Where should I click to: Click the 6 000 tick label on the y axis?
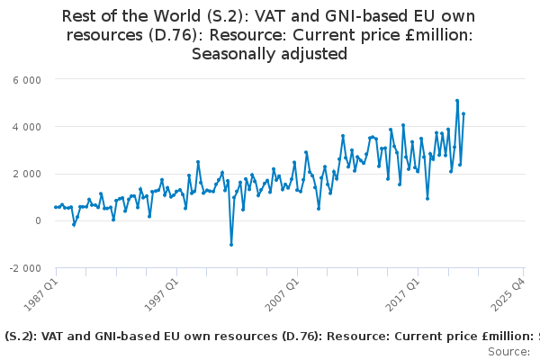[x=27, y=80]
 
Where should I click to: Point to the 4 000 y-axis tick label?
[x=27, y=127]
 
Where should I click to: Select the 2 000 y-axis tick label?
[x=27, y=174]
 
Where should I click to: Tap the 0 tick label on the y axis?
[x=38, y=220]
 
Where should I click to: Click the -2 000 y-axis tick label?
[x=25, y=267]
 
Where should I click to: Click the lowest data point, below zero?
[x=231, y=244]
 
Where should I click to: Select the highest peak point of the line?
[x=457, y=101]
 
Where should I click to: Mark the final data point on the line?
[x=463, y=114]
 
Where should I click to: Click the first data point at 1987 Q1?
[x=56, y=207]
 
